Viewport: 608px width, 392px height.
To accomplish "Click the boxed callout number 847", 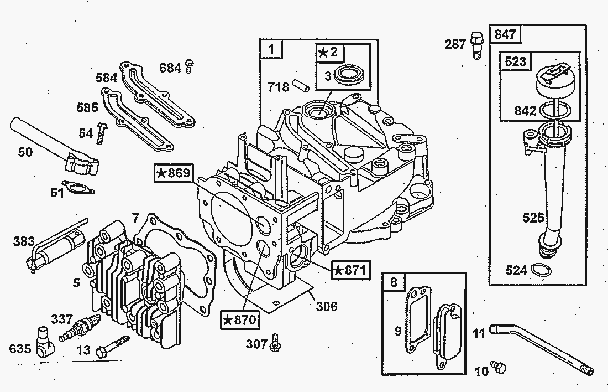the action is (505, 34).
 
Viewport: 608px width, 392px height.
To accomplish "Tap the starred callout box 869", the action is (174, 173).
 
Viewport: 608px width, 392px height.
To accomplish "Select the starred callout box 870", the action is (240, 319).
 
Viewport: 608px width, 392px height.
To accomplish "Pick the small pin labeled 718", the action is (302, 85).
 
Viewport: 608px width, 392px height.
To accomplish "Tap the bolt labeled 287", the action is (476, 45).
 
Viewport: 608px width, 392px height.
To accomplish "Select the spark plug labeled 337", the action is (78, 327).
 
